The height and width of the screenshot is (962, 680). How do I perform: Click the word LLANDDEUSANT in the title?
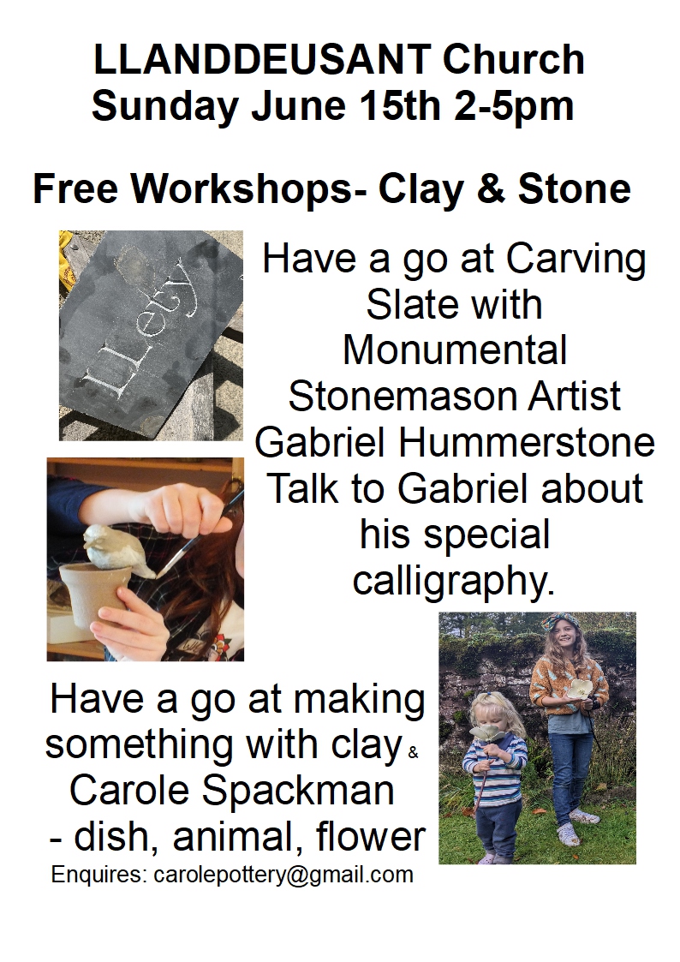click(262, 59)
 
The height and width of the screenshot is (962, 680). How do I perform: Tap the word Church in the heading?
click(513, 59)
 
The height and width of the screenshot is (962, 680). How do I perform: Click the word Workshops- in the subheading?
click(249, 189)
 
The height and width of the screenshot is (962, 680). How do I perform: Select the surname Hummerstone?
click(528, 442)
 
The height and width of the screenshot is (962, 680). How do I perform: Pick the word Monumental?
click(455, 350)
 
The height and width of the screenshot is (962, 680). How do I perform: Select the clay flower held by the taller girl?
click(580, 688)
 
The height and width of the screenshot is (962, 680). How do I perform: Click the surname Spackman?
click(299, 790)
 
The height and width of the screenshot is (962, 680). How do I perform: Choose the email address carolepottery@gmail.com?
click(283, 875)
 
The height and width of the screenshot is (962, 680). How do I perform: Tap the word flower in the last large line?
click(370, 835)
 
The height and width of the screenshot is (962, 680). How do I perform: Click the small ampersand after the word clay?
click(413, 752)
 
